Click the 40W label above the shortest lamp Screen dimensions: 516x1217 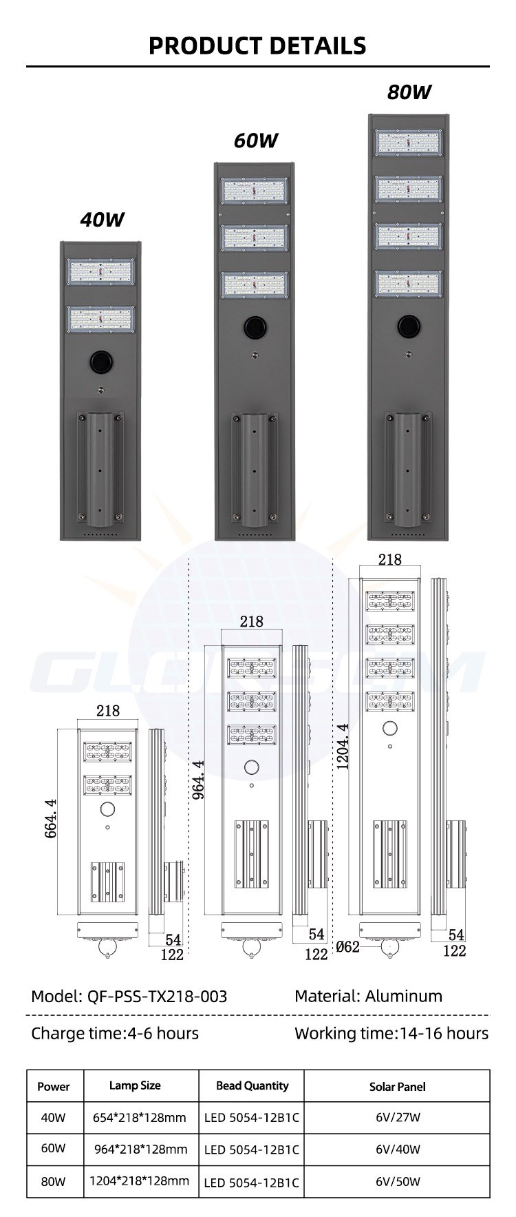102,220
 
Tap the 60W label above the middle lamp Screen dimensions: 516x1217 255,141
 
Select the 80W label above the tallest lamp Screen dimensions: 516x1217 409,92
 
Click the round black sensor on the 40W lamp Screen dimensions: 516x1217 102,360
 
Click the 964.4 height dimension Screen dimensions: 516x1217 198,779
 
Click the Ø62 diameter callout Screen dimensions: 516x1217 347,947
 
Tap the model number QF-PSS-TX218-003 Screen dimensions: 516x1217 158,996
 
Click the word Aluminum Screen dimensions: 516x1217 404,996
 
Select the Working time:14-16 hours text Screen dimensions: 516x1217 391,1033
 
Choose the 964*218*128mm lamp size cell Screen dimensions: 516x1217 140,1149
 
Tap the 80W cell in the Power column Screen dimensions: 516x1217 54,1181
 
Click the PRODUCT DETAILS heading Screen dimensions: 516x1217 257,45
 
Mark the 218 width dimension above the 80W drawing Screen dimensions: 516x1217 389,559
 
